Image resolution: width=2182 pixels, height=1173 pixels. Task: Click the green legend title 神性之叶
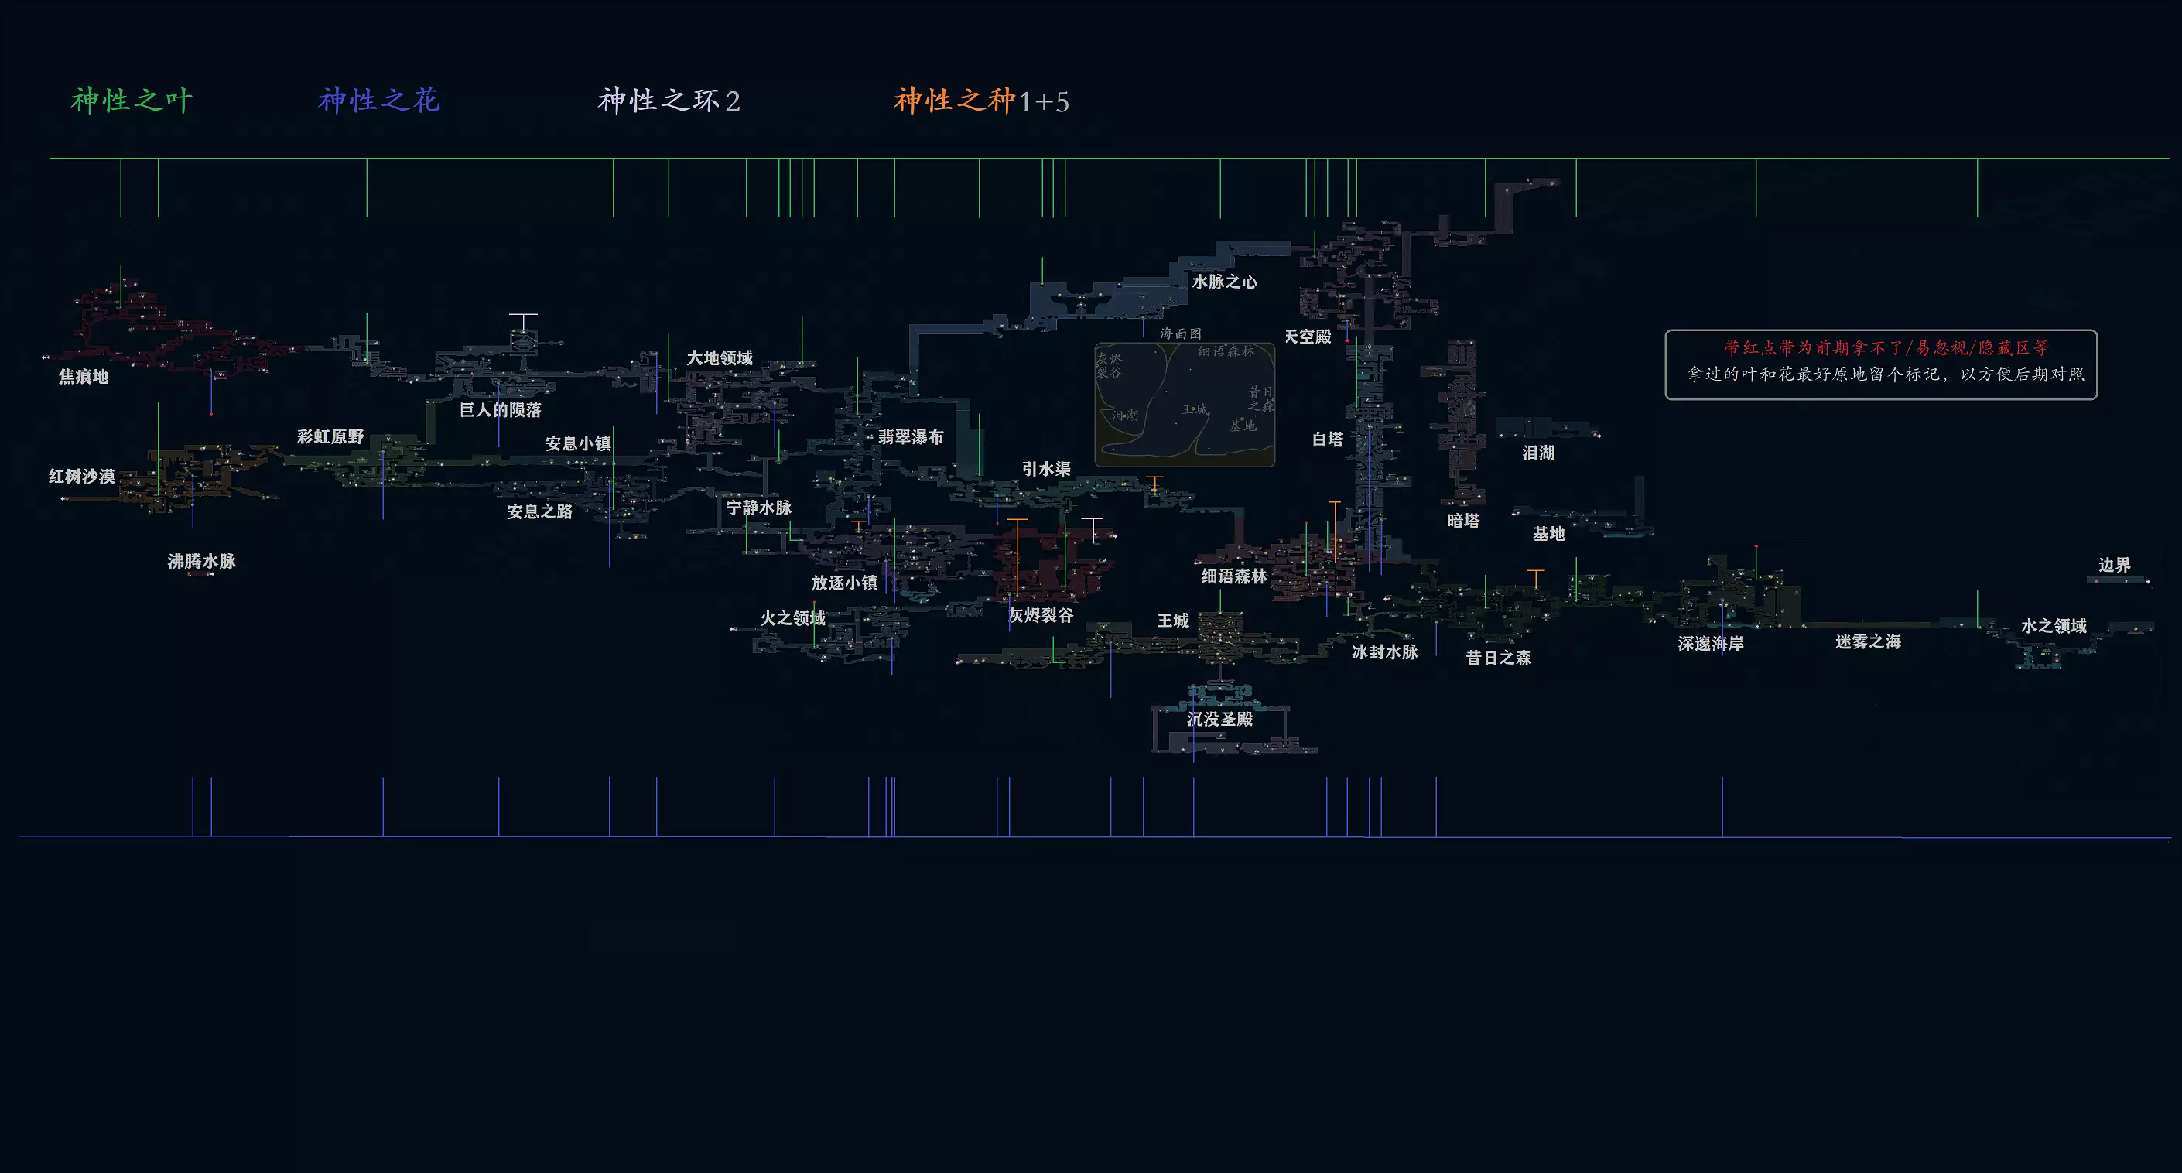tap(132, 101)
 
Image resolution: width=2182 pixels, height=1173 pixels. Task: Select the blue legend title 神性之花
tap(378, 101)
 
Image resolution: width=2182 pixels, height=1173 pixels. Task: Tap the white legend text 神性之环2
tap(669, 101)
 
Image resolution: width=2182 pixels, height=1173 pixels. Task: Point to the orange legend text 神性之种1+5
tap(981, 101)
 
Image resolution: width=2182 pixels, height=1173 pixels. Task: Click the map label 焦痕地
tap(83, 377)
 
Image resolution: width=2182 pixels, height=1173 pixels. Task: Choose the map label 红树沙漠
tap(81, 477)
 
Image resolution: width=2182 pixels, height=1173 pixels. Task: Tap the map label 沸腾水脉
tap(202, 562)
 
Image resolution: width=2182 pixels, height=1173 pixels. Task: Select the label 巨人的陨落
tap(500, 410)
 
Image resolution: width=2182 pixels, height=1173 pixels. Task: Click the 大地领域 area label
tap(719, 358)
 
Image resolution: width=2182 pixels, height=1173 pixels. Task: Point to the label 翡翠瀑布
tap(911, 437)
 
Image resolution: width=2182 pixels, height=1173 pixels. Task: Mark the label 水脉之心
tap(1224, 282)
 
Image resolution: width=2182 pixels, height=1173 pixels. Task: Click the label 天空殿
tap(1307, 337)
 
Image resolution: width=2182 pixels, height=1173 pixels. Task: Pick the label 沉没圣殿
tap(1219, 719)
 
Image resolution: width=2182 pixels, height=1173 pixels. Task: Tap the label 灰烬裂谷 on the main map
tap(1040, 616)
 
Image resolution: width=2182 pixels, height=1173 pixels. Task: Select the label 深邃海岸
tap(1710, 644)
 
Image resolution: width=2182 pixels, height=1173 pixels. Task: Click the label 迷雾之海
tap(1868, 642)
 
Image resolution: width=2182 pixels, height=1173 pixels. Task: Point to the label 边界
tap(2113, 565)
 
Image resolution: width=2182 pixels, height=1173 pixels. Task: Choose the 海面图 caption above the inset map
tap(1180, 333)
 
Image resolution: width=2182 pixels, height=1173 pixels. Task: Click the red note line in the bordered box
tap(1886, 348)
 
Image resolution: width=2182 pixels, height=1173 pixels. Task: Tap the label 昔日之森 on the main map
tap(1499, 658)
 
